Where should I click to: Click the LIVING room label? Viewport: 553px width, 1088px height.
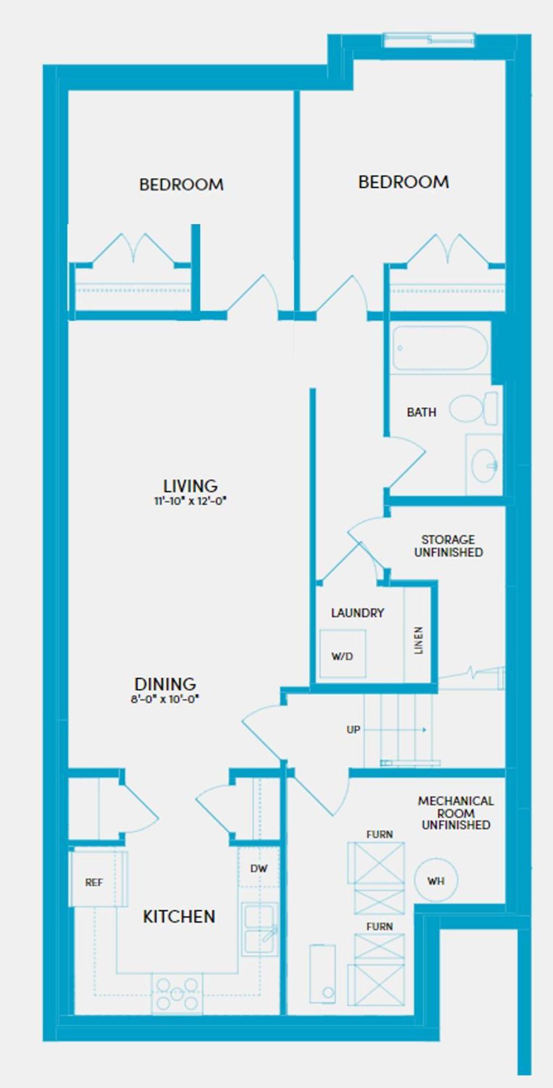pos(191,485)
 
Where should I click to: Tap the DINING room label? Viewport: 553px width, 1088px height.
pos(165,684)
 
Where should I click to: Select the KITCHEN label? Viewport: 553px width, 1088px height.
pos(179,916)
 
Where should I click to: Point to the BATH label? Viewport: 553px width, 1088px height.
pos(421,412)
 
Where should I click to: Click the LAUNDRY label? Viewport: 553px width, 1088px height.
pos(358,613)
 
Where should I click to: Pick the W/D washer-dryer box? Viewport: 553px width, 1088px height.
pos(342,653)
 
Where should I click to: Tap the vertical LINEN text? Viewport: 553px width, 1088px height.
pos(418,640)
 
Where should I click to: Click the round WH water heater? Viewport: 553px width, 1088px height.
pos(436,880)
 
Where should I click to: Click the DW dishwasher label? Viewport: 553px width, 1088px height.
pos(259,869)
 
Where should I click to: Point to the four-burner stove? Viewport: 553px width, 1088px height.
pos(177,994)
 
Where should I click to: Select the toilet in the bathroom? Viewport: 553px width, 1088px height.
pos(474,408)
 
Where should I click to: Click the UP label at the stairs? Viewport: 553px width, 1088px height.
pos(353,730)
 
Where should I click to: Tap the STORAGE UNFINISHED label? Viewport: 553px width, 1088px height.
pos(448,546)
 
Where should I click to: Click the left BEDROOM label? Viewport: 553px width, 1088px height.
pos(181,184)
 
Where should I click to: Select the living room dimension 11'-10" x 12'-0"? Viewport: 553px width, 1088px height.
pos(190,501)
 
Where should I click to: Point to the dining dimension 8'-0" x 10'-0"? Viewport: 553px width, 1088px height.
pos(165,699)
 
